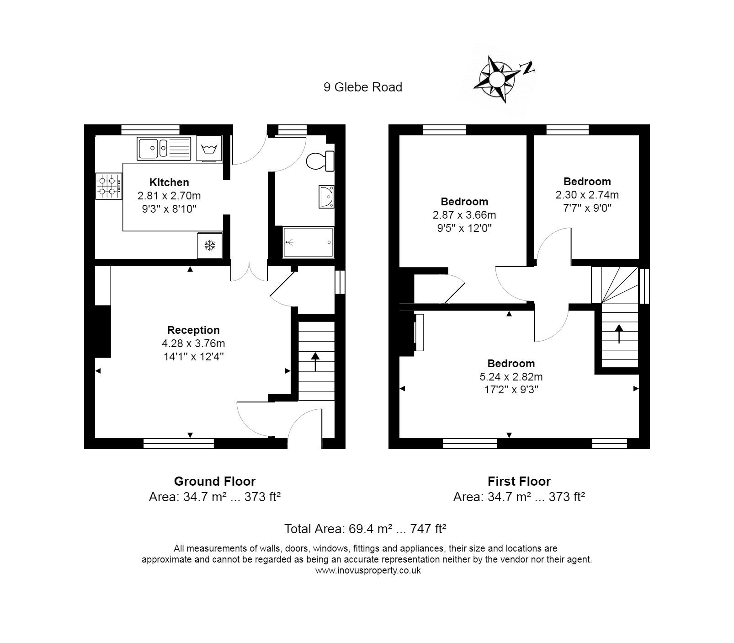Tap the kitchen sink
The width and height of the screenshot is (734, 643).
[x=164, y=148]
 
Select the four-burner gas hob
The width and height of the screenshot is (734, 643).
[x=109, y=186]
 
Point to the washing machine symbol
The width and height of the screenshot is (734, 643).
[x=209, y=148]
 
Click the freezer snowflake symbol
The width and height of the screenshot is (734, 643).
[x=210, y=246]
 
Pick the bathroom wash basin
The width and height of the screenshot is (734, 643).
[x=327, y=197]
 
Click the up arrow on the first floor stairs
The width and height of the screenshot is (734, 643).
[x=619, y=333]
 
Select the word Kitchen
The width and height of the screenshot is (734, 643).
[x=169, y=182]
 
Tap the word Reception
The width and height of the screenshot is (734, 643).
[x=193, y=330]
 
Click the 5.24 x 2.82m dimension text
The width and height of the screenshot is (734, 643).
[x=511, y=377]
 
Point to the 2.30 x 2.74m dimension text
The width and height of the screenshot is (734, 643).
[x=587, y=195]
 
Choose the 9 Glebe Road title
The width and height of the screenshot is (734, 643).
[x=363, y=87]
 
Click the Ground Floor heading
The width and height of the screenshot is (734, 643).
[x=215, y=481]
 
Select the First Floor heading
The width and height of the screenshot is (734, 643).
[x=519, y=481]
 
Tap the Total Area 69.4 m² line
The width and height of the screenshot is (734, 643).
[x=365, y=529]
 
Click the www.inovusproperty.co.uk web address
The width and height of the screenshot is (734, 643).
[x=368, y=570]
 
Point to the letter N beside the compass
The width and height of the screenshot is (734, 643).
[x=528, y=68]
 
